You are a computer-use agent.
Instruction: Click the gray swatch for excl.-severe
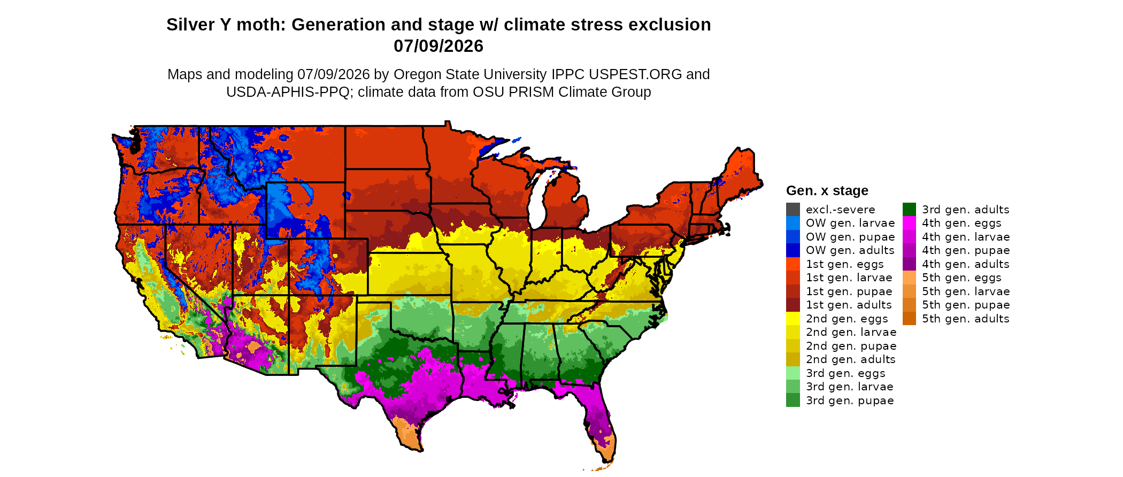pos(793,210)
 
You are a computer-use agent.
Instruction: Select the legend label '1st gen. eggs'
pos(845,264)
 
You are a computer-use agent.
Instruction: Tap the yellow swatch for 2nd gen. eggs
pos(793,319)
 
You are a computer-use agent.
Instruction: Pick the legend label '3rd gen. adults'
pos(966,210)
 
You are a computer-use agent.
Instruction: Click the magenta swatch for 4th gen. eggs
pos(909,223)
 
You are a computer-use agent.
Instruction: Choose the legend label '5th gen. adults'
pos(966,319)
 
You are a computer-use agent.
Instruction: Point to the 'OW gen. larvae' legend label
pos(850,223)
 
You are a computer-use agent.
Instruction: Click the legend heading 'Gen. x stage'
pos(827,190)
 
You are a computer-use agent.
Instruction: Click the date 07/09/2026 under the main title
pos(439,46)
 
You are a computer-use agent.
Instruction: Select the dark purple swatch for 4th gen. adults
pos(909,264)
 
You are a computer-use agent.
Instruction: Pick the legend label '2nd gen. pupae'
pos(851,346)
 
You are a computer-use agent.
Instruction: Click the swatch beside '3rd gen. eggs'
pos(793,373)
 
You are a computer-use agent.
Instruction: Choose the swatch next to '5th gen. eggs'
pos(909,278)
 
